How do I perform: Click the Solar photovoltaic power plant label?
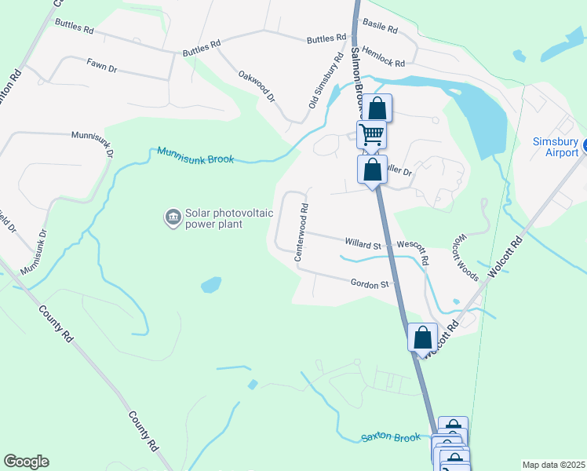pyautogui.click(x=213, y=218)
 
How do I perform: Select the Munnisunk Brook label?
pyautogui.click(x=195, y=155)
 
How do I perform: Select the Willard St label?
pyautogui.click(x=361, y=245)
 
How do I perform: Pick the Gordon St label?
pyautogui.click(x=370, y=284)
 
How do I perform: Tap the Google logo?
pyautogui.click(x=26, y=462)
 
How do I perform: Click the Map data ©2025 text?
pyautogui.click(x=553, y=465)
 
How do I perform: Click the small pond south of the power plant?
pyautogui.click(x=210, y=285)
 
